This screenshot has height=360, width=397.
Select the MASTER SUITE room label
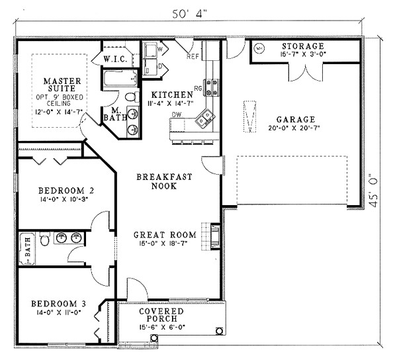(62, 85)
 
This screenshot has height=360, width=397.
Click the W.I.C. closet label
(115, 60)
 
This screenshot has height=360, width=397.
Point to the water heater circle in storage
(259, 48)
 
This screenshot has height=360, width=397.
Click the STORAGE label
(303, 46)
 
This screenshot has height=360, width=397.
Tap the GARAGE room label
(296, 119)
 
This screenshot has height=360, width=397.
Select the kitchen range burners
(212, 87)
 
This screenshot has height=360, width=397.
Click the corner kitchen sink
(205, 117)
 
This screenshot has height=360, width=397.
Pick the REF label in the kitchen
(193, 56)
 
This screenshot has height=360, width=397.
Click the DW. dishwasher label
(177, 114)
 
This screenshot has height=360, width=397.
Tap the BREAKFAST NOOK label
(164, 181)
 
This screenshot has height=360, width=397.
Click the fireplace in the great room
(215, 237)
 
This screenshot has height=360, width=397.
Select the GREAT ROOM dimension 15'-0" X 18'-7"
(165, 244)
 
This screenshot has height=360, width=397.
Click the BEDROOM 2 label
(66, 191)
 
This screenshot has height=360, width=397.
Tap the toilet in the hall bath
(45, 239)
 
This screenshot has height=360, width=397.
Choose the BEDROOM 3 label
(58, 303)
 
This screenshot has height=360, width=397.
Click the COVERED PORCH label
(161, 315)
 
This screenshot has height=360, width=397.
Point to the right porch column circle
(219, 331)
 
